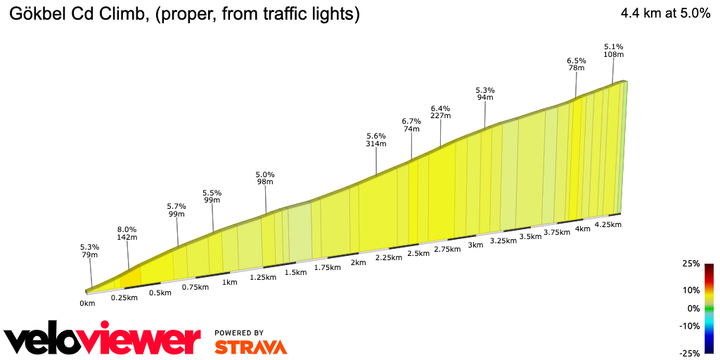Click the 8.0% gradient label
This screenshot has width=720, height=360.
point(127,229)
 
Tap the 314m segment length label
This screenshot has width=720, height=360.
point(376,144)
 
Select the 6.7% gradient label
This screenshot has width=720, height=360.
point(411,121)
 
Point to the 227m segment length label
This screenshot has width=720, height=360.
point(440,116)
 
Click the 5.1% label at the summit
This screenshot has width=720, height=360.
point(613,46)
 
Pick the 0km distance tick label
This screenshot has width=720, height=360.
point(87,304)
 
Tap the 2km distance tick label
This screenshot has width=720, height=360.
point(358,263)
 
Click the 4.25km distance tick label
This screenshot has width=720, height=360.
point(607,225)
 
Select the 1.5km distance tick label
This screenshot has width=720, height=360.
point(296,272)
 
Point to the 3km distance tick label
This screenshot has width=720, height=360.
point(476,245)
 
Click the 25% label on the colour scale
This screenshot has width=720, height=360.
point(691,264)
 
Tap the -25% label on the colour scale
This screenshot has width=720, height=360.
point(690,353)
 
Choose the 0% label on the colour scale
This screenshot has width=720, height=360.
point(693,309)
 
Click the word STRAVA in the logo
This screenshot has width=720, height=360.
point(250,347)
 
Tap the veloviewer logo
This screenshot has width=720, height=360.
point(103,340)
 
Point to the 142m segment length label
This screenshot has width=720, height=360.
point(127,238)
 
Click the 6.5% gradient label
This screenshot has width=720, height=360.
point(577,60)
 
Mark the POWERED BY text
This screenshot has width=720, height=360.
point(239,333)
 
